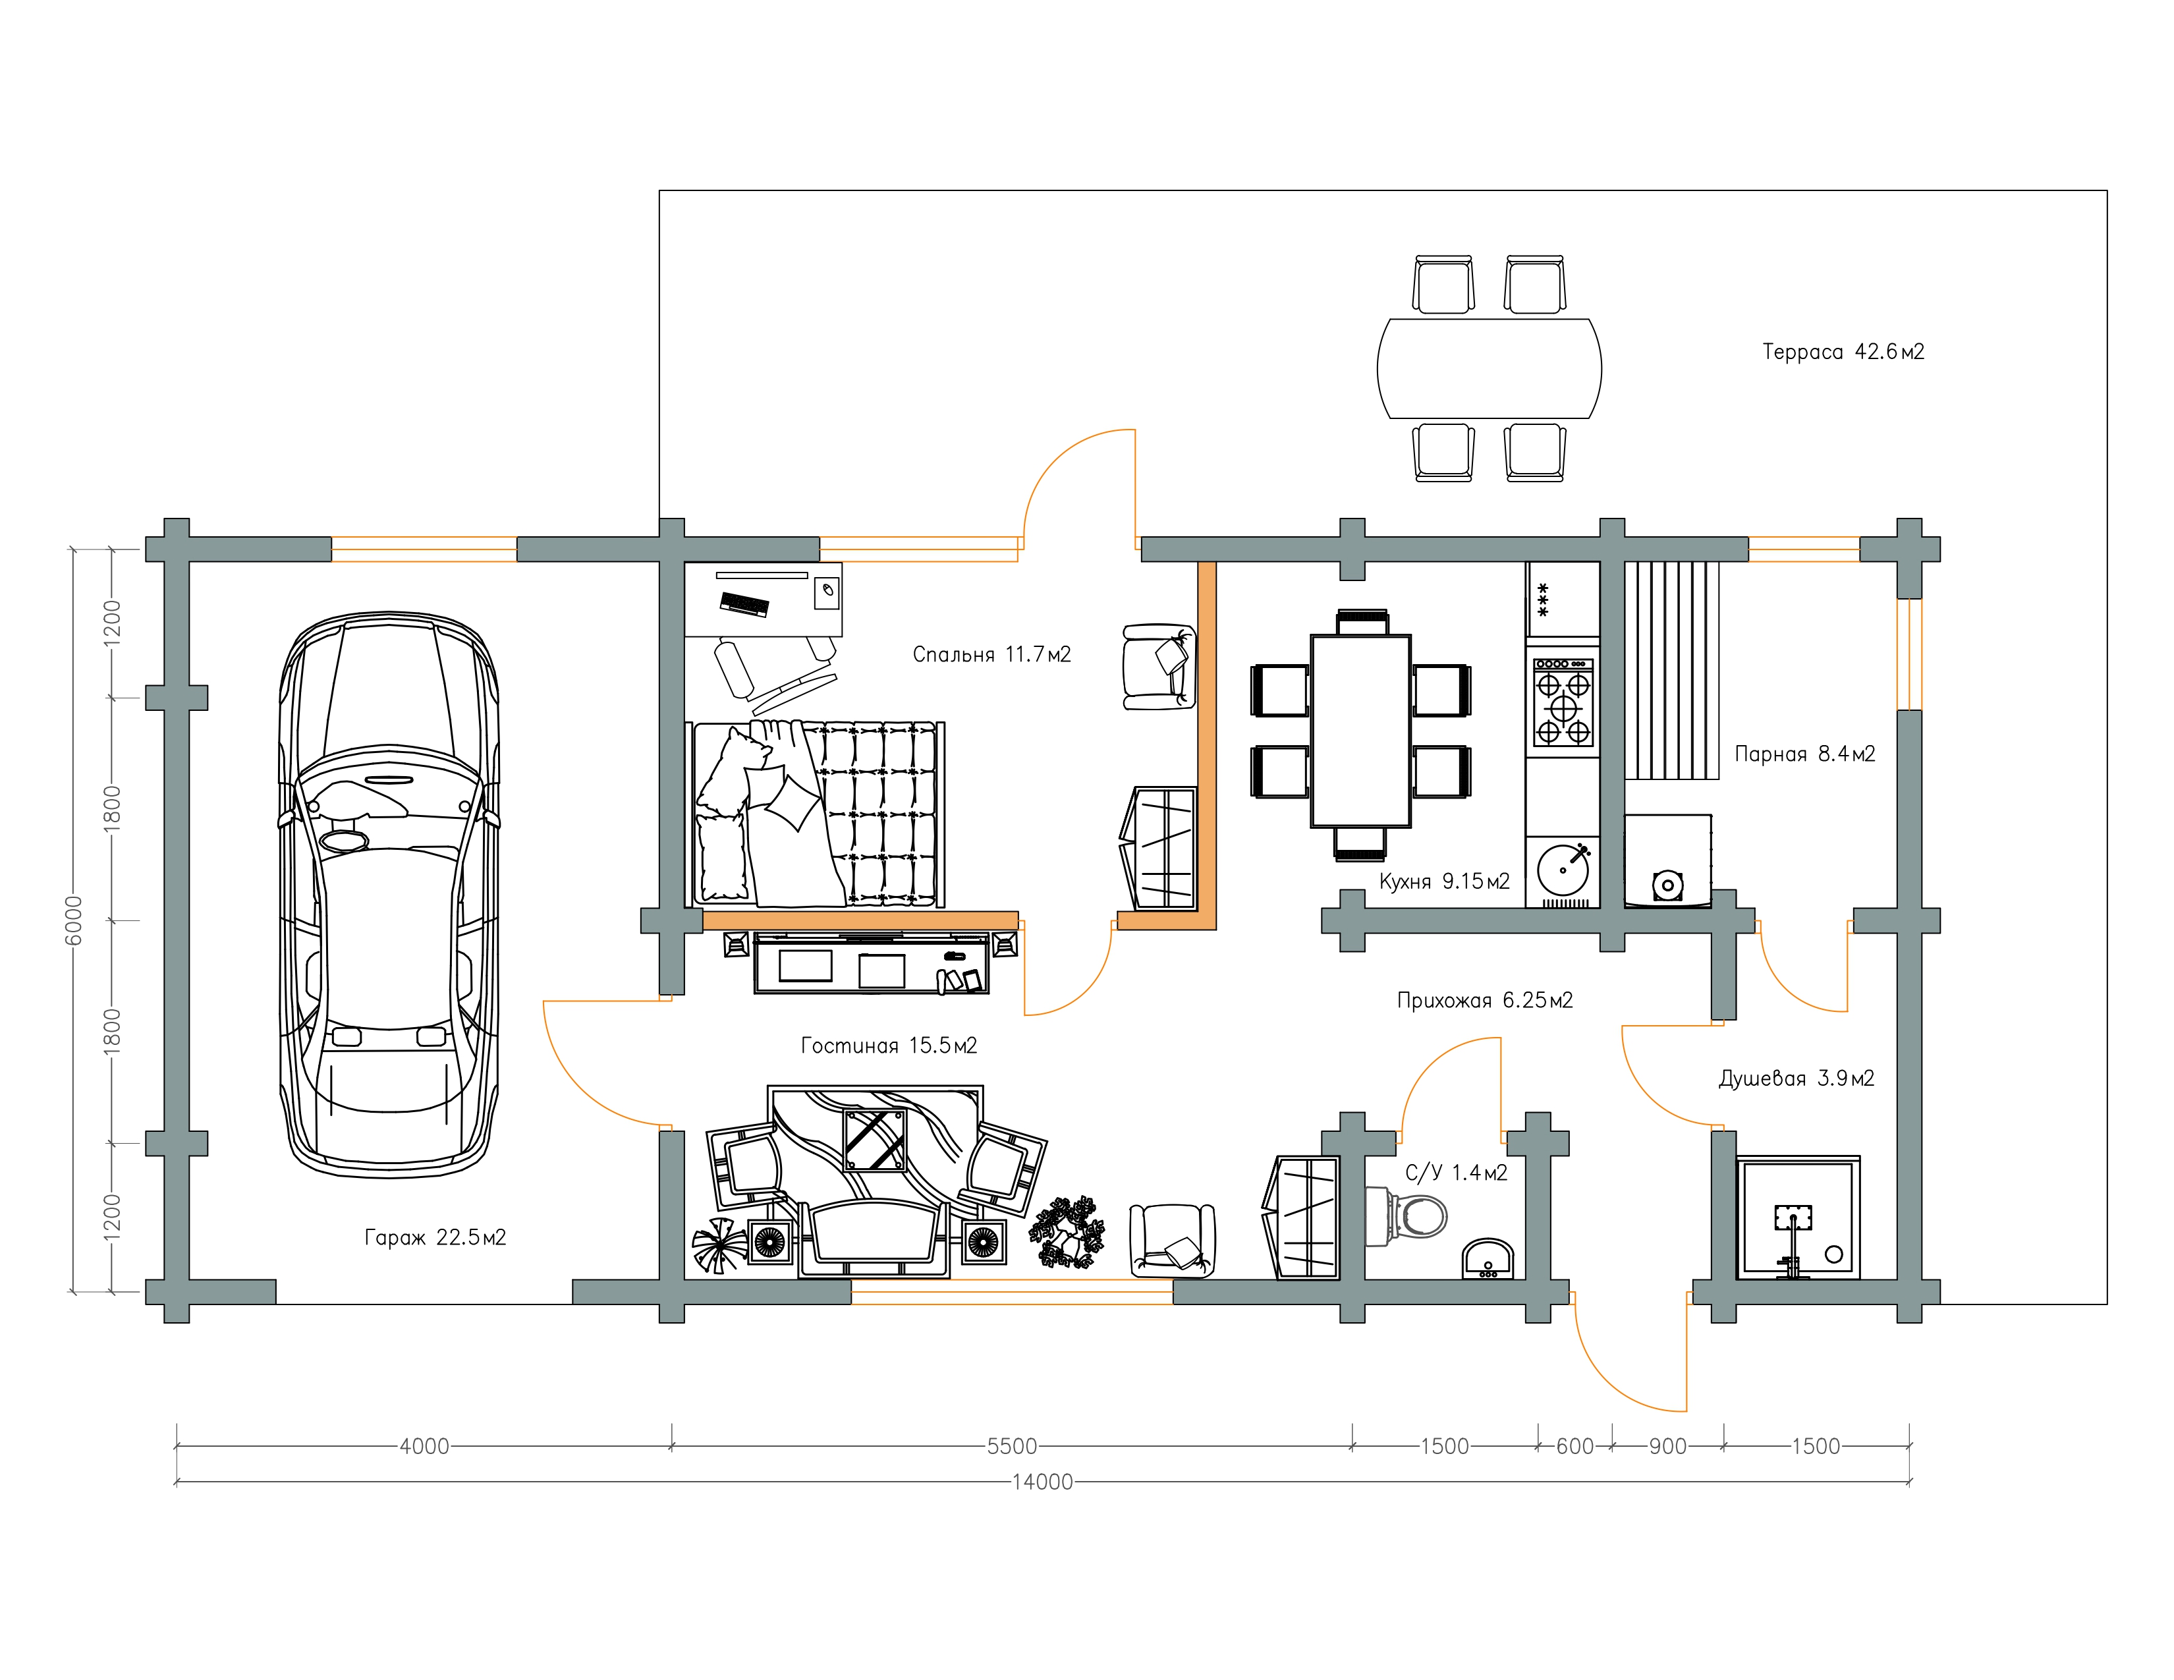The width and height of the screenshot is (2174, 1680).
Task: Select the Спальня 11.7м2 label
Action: tap(991, 654)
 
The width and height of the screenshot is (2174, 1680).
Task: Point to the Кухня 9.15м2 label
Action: tap(1444, 881)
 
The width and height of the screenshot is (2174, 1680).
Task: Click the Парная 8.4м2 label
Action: tap(1804, 754)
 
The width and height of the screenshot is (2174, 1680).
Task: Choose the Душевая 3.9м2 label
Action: tap(1797, 1079)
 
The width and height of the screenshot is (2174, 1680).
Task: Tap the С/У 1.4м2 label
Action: tap(1457, 1173)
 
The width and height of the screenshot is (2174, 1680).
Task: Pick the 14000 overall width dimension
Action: tap(1042, 1482)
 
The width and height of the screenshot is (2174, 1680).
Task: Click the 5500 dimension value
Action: tap(1011, 1446)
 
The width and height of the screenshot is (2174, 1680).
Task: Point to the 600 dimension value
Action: tap(1575, 1446)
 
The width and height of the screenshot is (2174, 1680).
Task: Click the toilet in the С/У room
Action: tap(1406, 1216)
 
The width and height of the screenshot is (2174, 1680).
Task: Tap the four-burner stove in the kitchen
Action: tap(1563, 703)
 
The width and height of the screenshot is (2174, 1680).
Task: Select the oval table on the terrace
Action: tap(1489, 368)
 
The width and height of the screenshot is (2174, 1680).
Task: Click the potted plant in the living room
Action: tap(1067, 1232)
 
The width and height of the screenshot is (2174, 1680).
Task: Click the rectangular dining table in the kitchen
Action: tap(1361, 731)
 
